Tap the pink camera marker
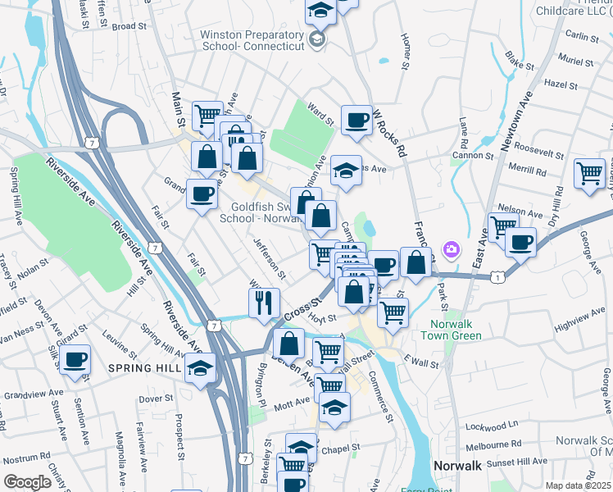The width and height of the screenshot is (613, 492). click(451, 248)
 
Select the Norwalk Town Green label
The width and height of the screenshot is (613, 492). click(457, 330)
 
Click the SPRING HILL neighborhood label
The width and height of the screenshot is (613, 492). click(144, 369)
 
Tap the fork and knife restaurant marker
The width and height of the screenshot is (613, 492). click(264, 303)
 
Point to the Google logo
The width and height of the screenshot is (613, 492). click(28, 482)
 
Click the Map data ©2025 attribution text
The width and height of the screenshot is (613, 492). click(577, 485)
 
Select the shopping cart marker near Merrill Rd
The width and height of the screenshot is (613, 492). click(588, 173)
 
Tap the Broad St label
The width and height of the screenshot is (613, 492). click(129, 26)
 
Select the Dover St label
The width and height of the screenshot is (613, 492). click(153, 399)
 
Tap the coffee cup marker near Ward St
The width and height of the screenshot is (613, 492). click(356, 121)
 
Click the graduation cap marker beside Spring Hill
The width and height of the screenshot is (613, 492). click(200, 368)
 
